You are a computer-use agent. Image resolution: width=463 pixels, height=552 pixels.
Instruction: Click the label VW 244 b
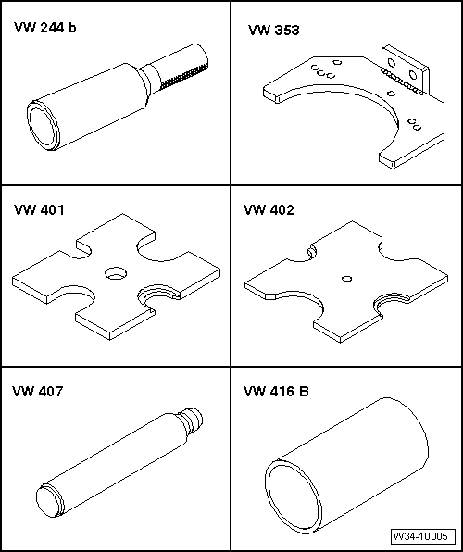pyautogui.click(x=44, y=28)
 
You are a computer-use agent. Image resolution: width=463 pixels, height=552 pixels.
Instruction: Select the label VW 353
pyautogui.click(x=273, y=30)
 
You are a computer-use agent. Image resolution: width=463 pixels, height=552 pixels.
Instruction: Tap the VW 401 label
pyautogui.click(x=39, y=210)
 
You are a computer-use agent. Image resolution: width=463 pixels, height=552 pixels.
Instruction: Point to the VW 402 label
pyautogui.click(x=269, y=210)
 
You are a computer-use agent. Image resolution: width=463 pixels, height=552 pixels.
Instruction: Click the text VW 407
pyautogui.click(x=38, y=391)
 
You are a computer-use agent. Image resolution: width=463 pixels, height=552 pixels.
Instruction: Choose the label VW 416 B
pyautogui.click(x=276, y=391)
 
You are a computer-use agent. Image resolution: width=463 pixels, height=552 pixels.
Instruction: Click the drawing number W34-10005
pyautogui.click(x=421, y=536)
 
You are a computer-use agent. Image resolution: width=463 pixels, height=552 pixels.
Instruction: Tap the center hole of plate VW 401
pyautogui.click(x=116, y=273)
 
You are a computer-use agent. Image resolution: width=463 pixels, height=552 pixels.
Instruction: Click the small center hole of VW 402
pyautogui.click(x=347, y=279)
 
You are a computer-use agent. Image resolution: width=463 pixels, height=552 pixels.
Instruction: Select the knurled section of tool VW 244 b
pyautogui.click(x=184, y=76)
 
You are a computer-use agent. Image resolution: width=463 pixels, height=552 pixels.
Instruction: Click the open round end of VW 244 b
pyautogui.click(x=43, y=125)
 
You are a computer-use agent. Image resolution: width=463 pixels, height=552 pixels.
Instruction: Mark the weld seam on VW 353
pyautogui.click(x=401, y=82)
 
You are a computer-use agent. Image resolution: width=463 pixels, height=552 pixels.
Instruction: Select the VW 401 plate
pyautogui.click(x=116, y=277)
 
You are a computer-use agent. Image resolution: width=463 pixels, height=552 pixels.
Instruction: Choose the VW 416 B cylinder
pyautogui.click(x=346, y=465)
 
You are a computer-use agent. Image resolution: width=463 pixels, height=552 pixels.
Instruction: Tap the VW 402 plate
pyautogui.click(x=346, y=282)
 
